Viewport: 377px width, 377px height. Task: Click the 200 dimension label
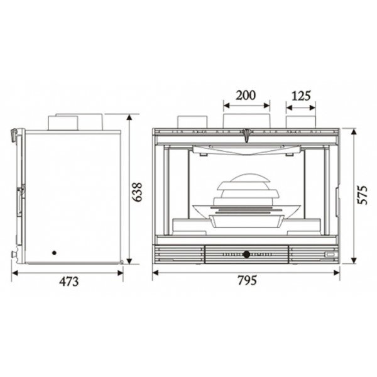point(246,96)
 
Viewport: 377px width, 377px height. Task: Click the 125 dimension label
point(301,96)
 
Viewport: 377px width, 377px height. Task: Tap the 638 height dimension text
point(138,192)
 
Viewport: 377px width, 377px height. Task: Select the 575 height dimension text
point(363,195)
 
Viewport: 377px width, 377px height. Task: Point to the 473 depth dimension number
point(68,281)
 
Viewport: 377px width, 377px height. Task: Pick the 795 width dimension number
point(248,280)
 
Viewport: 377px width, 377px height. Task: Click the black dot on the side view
point(54,253)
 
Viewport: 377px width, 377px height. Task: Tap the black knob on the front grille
point(246,254)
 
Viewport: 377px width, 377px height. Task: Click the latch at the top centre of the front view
point(246,135)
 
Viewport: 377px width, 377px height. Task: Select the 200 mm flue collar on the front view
point(247,121)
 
